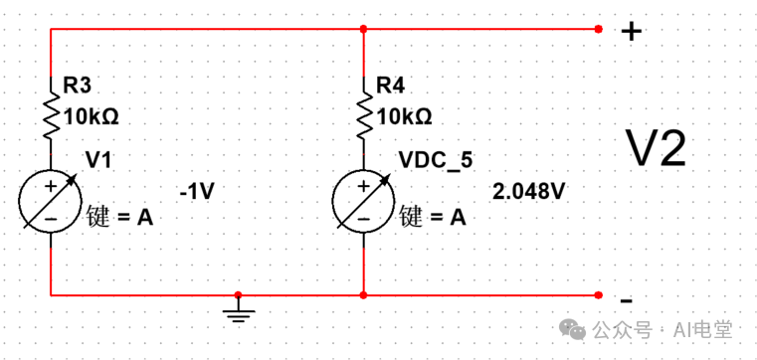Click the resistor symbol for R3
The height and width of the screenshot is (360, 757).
[x=51, y=114]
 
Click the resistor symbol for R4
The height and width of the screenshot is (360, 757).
[x=365, y=114]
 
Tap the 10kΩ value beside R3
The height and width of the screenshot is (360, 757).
[x=91, y=116]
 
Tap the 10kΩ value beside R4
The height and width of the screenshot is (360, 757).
[x=405, y=116]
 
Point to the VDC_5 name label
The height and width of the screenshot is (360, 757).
[x=434, y=161]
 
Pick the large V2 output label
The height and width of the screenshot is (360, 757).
[x=656, y=149]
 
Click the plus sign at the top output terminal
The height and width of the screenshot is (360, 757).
[x=631, y=31]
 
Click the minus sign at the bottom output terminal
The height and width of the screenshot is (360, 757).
[x=627, y=299]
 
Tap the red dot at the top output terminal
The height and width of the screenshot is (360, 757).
[x=598, y=29]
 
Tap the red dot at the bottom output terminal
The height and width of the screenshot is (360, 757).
[x=598, y=295]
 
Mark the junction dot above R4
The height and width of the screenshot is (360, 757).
[x=365, y=29]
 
